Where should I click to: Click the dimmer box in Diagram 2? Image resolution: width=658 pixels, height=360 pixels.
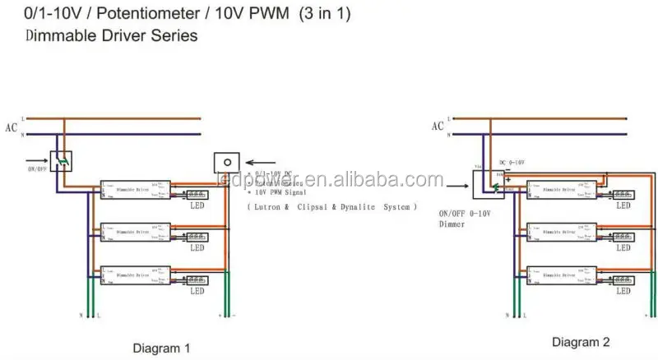(484, 185)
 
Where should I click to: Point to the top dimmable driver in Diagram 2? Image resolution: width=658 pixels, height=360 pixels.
(563, 190)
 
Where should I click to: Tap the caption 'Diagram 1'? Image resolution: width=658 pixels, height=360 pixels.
(162, 348)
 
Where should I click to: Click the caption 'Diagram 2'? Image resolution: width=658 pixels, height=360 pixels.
(581, 342)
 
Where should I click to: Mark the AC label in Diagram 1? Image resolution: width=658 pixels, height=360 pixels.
(11, 127)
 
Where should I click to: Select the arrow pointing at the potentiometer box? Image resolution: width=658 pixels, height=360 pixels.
(261, 162)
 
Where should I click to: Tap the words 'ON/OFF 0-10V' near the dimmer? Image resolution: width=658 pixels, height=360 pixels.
(466, 214)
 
